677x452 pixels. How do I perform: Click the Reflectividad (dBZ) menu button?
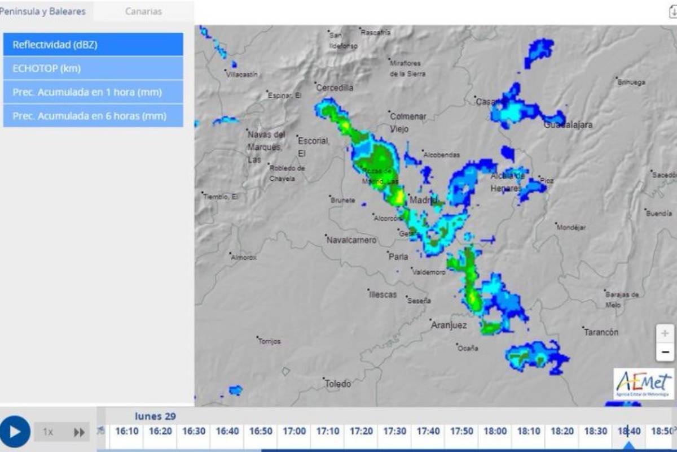(x=93, y=45)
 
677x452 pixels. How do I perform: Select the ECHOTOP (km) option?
(x=93, y=68)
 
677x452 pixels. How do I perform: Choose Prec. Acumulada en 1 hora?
(x=93, y=92)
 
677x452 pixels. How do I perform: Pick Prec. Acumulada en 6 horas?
(x=93, y=116)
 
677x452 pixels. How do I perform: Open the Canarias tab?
(x=143, y=11)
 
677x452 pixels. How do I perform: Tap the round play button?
(x=15, y=432)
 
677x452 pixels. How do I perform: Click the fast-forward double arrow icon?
(x=80, y=432)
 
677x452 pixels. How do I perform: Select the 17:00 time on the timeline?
(x=294, y=431)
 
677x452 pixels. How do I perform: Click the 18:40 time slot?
(x=628, y=431)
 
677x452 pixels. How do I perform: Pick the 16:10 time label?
(x=127, y=431)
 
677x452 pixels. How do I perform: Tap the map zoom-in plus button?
(x=665, y=333)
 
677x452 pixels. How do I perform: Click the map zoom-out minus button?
(x=665, y=353)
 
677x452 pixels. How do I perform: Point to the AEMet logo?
(x=644, y=383)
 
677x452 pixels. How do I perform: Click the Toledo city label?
(x=337, y=384)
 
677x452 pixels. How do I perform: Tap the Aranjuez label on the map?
(x=449, y=325)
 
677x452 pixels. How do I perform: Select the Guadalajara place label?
(x=568, y=125)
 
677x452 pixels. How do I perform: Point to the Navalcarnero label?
(x=351, y=240)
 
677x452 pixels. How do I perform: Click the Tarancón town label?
(x=601, y=332)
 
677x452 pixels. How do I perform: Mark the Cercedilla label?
(x=335, y=88)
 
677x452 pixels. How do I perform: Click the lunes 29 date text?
(x=155, y=416)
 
